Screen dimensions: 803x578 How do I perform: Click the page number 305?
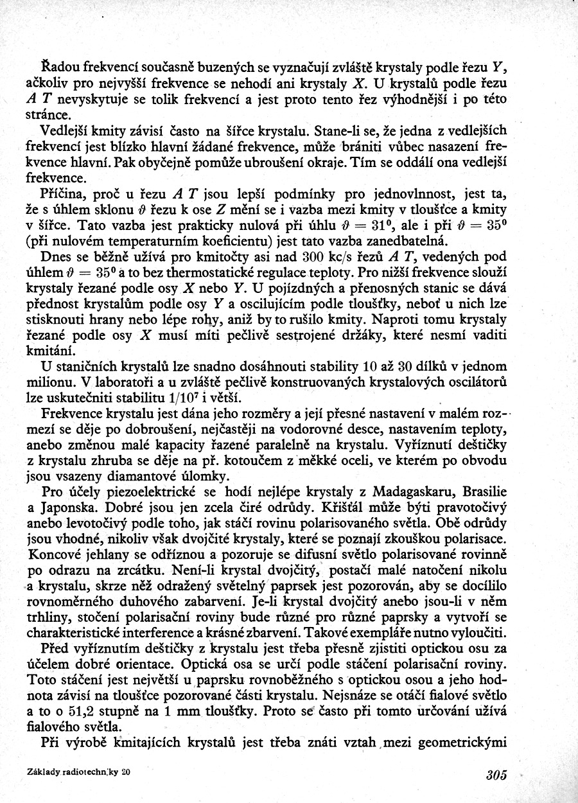click(x=497, y=775)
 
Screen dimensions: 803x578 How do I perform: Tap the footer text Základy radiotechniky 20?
click(x=80, y=772)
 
